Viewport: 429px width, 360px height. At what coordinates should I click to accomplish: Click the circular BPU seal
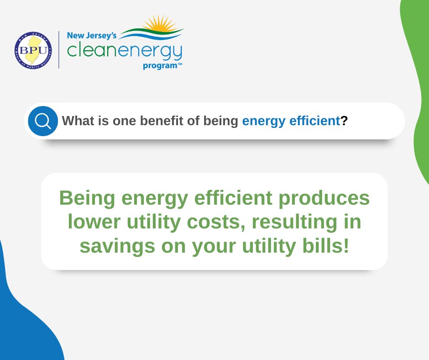point(33,50)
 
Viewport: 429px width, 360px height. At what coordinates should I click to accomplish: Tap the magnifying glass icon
point(43,121)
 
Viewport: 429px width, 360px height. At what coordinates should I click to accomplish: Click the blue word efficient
point(314,121)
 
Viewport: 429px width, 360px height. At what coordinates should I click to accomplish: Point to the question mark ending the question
point(344,121)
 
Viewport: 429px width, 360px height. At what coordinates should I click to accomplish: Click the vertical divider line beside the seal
point(59,50)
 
